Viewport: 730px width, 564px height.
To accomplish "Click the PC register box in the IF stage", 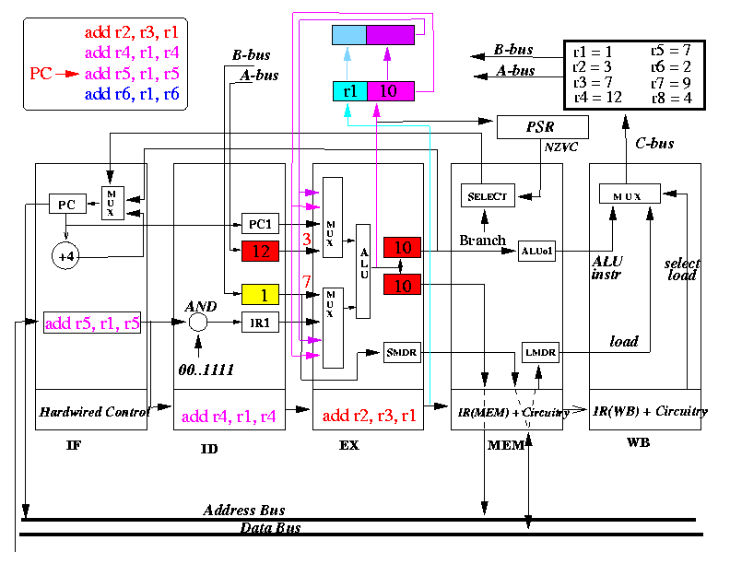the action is click(x=67, y=204).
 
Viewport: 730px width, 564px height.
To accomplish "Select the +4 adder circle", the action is click(x=65, y=256).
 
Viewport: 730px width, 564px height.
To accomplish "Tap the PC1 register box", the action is click(x=260, y=224).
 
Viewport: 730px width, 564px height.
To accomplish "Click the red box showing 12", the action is click(x=260, y=252).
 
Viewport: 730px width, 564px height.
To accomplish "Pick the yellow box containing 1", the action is click(x=260, y=295).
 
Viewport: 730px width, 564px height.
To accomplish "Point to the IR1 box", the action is click(x=260, y=322).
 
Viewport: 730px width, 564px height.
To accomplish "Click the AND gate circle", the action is click(x=198, y=322).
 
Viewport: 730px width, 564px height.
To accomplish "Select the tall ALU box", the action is click(x=363, y=271).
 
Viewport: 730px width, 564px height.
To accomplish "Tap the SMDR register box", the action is click(x=402, y=352).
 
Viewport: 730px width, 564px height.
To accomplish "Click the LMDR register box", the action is click(x=540, y=352).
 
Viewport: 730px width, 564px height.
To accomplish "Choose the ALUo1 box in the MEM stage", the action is click(x=536, y=252).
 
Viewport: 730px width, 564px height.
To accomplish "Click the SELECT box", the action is click(x=488, y=195).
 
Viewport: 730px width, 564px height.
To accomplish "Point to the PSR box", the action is click(x=543, y=127).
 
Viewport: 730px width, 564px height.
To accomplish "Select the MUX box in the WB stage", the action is click(x=630, y=194).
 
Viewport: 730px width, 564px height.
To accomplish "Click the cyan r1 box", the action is click(x=350, y=91).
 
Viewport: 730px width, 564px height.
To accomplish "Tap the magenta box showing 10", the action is click(x=391, y=91).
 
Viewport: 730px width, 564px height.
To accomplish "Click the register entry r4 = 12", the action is click(x=598, y=98).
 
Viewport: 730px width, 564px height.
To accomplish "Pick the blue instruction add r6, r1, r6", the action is click(x=132, y=94).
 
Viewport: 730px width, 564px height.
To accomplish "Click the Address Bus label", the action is click(x=244, y=511).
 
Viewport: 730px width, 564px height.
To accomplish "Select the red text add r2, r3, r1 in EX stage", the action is click(x=370, y=415).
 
